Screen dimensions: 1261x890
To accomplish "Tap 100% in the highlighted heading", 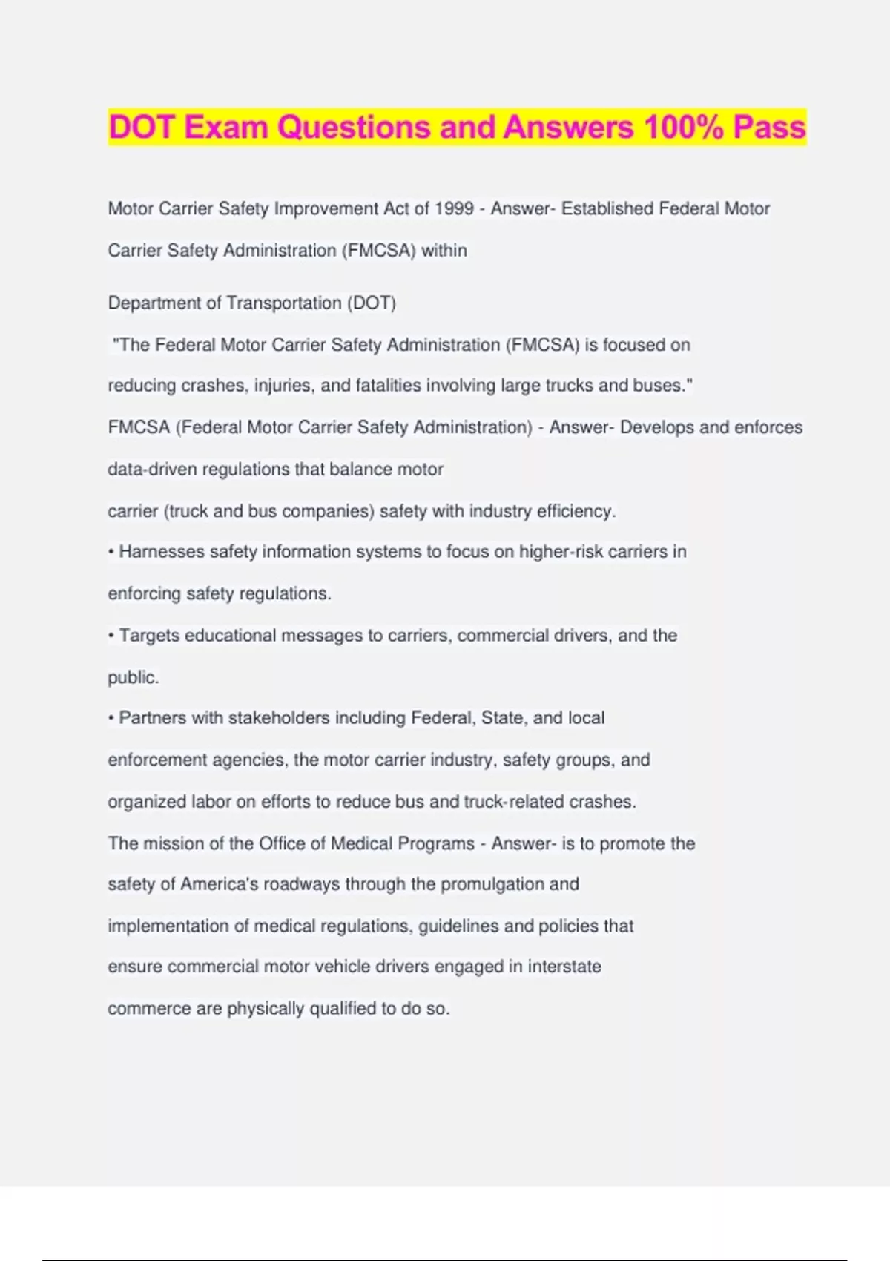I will click(683, 128).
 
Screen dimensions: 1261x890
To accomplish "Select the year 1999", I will click(454, 209).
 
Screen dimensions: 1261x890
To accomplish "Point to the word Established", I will click(607, 209).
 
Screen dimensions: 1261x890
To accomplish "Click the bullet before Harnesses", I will click(111, 553).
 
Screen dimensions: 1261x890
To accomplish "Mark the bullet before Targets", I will click(111, 636).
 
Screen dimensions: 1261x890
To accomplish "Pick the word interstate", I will click(564, 967).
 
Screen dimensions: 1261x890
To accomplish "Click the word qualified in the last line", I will click(343, 1009).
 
